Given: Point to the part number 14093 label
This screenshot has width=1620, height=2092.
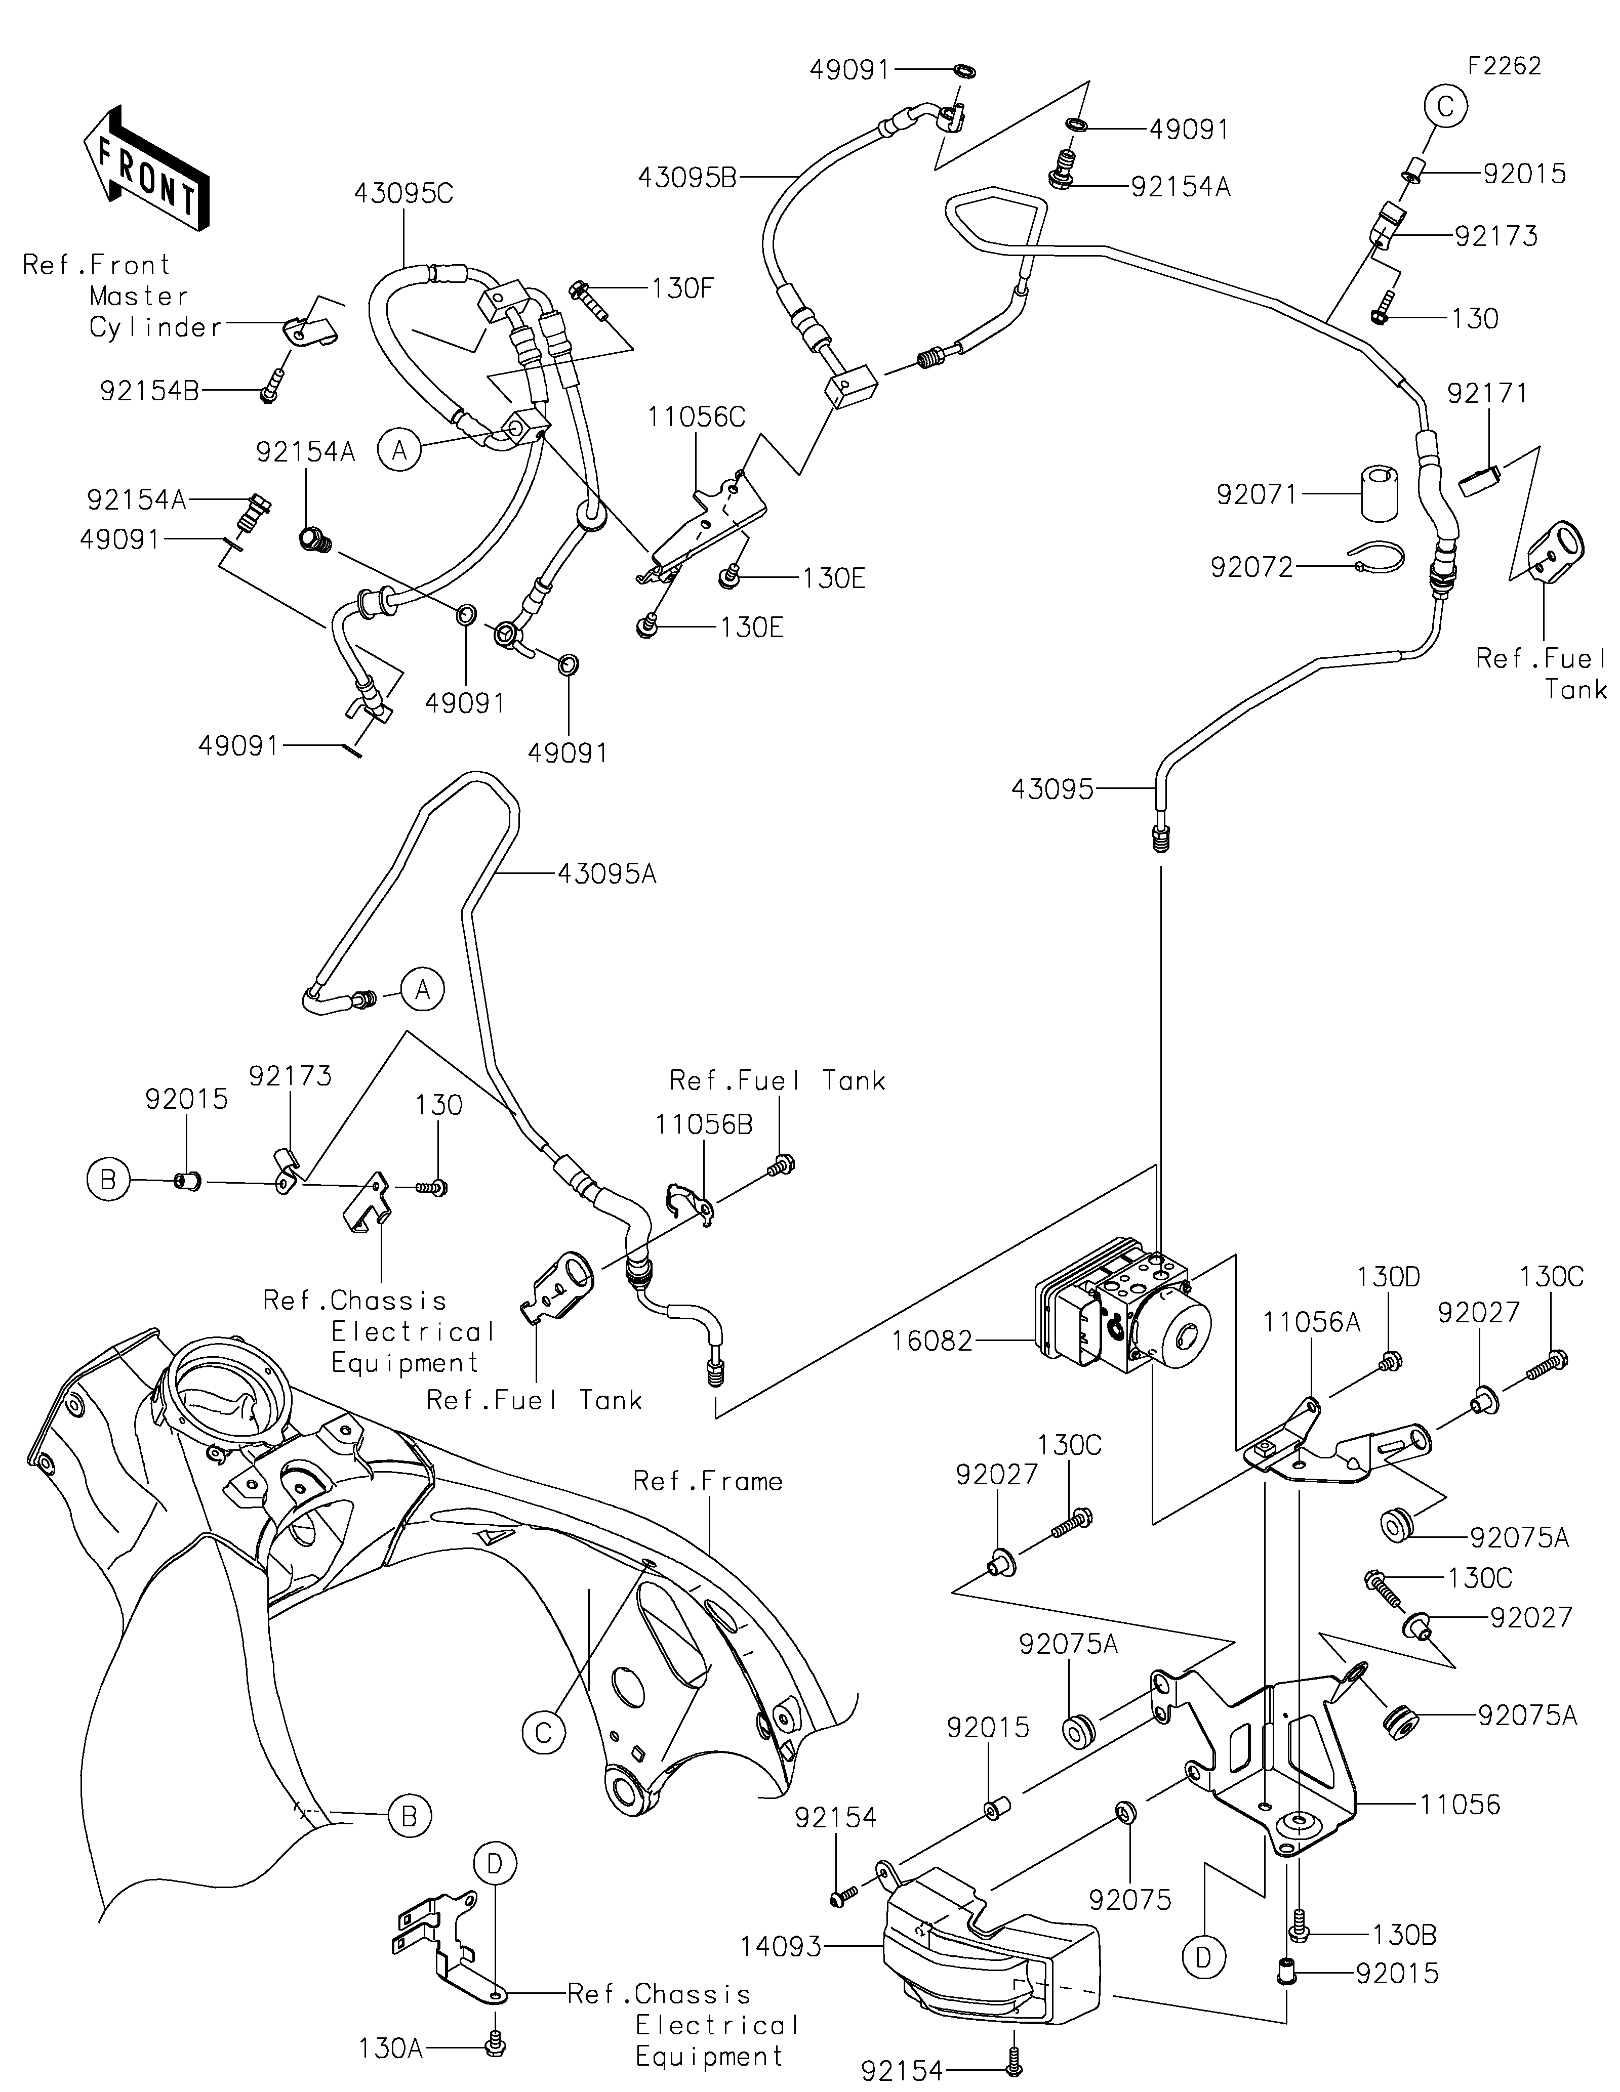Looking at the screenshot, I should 781,1946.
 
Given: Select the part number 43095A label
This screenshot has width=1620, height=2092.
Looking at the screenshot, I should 606,873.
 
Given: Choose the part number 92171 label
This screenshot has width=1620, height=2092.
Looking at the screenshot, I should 1487,393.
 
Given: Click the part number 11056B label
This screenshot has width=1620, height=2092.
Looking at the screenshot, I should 704,1124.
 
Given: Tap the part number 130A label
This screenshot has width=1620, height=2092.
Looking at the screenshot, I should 390,2049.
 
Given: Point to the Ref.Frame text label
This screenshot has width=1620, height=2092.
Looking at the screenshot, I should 708,1481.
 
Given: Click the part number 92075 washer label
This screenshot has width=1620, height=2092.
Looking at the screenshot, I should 1129,1899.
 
